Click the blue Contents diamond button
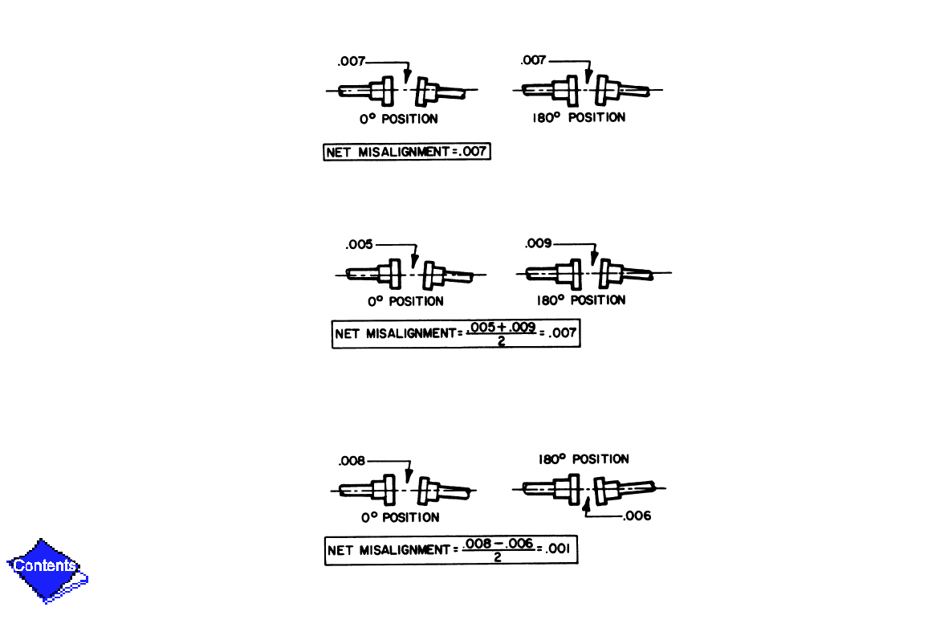pos(47,569)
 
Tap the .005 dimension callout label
pos(360,245)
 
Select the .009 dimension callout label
pos(538,243)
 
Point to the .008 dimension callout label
pos(353,461)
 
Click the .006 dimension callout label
pos(637,516)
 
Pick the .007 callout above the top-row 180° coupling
pos(534,60)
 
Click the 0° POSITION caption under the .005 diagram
pos(405,302)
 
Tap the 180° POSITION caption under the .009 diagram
pos(581,300)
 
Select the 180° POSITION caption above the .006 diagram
pos(584,459)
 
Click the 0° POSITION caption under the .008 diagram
pos(400,518)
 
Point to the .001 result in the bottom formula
pos(560,551)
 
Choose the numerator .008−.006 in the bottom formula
pos(499,544)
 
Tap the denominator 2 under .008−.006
pos(499,558)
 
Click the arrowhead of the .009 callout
pos(593,259)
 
